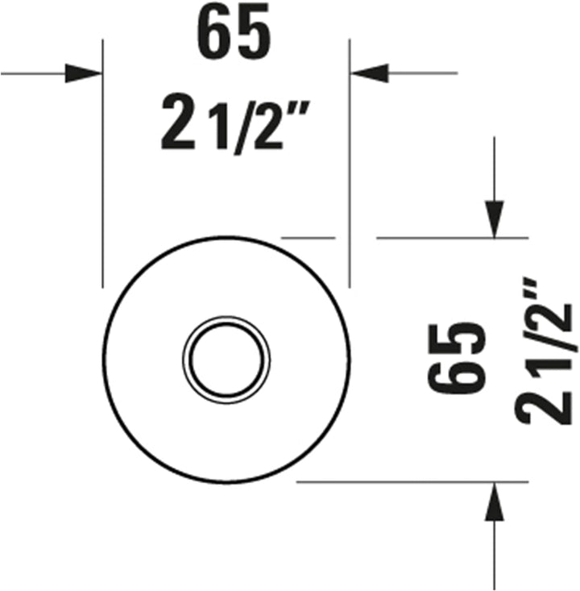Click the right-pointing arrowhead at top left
84,73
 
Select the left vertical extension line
103,161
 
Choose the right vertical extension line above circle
349,161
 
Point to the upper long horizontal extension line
451,238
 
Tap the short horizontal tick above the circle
307,238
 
